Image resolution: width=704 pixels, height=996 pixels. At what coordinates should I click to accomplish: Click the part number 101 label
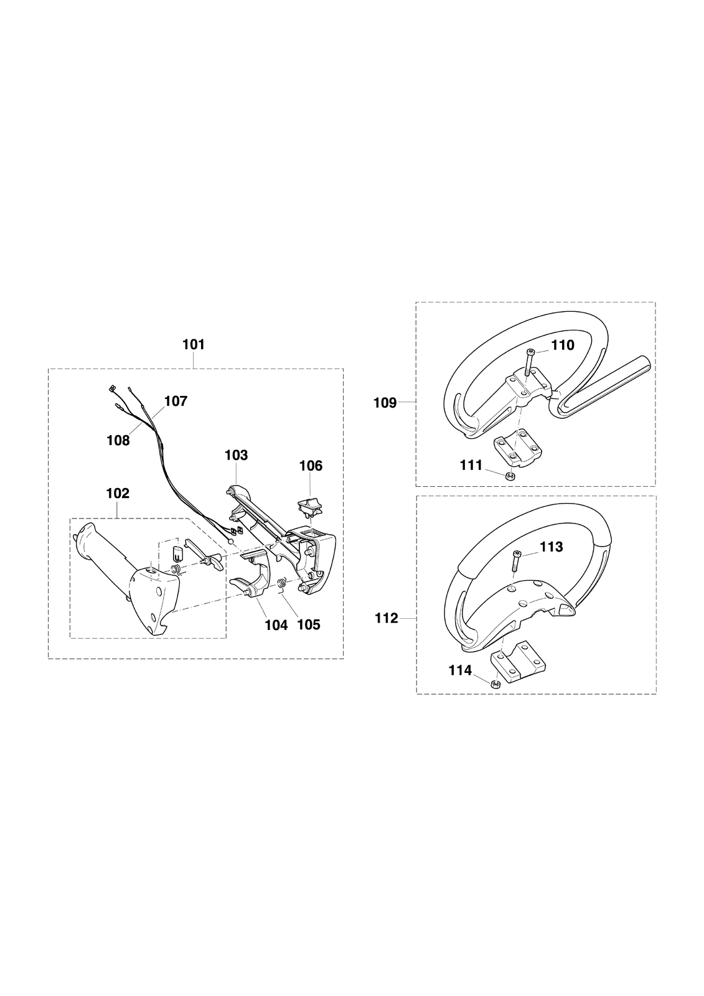pyautogui.click(x=194, y=345)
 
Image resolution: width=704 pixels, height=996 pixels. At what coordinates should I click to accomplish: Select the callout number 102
pyautogui.click(x=118, y=493)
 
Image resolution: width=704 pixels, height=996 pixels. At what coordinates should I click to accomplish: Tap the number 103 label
pyautogui.click(x=236, y=455)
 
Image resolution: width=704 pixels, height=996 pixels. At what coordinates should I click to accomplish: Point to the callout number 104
pyautogui.click(x=276, y=625)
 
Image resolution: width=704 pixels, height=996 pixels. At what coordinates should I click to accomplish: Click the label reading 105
pyautogui.click(x=309, y=625)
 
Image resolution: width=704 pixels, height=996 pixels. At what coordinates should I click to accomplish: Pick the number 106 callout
pyautogui.click(x=311, y=466)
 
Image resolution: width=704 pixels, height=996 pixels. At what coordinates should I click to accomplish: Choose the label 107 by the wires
pyautogui.click(x=176, y=401)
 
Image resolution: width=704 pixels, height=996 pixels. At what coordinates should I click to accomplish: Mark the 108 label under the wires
pyautogui.click(x=118, y=441)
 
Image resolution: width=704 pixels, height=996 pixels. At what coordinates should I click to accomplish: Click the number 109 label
pyautogui.click(x=385, y=403)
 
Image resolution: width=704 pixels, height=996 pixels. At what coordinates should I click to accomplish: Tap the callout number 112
pyautogui.click(x=387, y=618)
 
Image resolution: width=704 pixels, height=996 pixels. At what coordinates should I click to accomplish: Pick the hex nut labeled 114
pyautogui.click(x=496, y=684)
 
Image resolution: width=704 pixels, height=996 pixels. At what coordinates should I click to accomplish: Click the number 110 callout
pyautogui.click(x=563, y=345)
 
